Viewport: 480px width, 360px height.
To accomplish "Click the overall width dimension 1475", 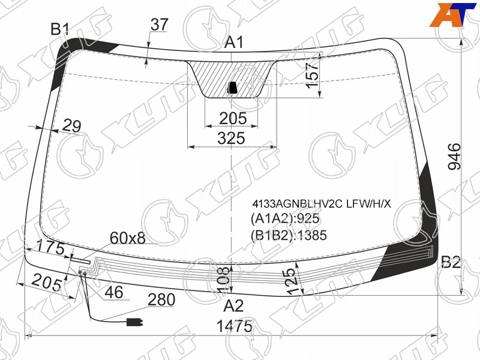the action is pos(235,326).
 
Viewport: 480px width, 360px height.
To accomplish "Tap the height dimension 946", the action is pos(454,156).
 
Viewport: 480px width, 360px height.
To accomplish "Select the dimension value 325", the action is pos(232,138).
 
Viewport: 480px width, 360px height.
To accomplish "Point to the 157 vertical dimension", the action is pos(312,76).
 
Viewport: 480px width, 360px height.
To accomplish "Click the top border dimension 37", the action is pos(160,25).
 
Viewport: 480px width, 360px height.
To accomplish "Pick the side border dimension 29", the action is pos(72,125).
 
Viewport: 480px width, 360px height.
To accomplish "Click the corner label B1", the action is pos(61,29).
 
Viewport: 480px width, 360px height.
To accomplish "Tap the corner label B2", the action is pos(451,262).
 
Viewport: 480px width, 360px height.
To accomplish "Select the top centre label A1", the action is pos(234,42).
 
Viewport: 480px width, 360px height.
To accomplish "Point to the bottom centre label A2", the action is pos(233,305).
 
